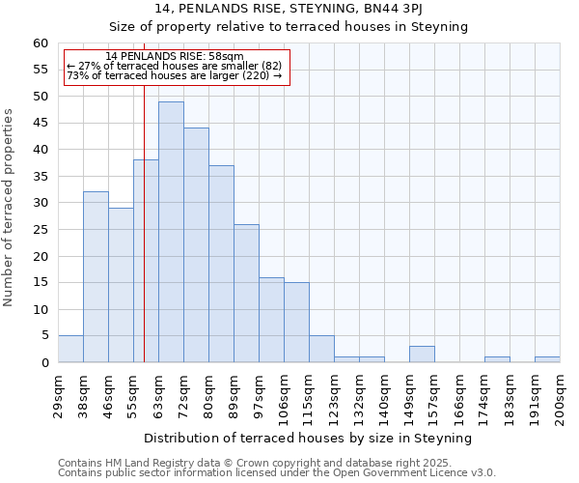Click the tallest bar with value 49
171,232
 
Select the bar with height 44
196,245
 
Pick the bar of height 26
246,294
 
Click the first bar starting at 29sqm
70,350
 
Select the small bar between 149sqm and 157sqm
422,355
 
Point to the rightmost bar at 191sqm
547,359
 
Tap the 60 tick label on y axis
41,43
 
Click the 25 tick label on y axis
41,230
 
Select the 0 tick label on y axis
44,363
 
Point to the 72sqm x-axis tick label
183,396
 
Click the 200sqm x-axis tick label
560,399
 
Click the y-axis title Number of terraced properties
9,208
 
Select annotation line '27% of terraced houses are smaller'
175,66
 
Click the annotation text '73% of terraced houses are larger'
175,75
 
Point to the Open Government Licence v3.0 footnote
386,472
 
